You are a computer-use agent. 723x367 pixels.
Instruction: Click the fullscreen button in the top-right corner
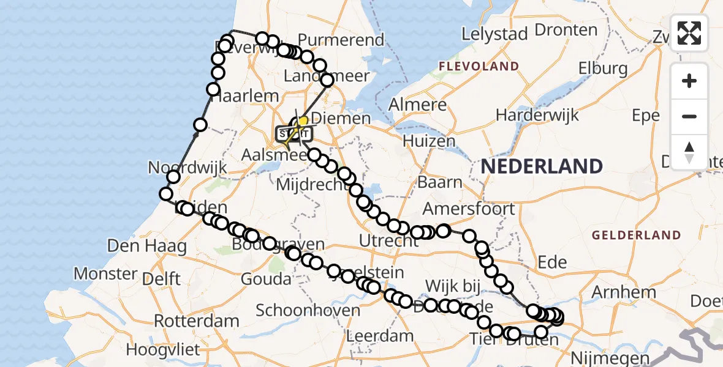pos(689,33)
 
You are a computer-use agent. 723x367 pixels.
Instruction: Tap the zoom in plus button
pos(689,81)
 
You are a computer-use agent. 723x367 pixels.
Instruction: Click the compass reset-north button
pos(689,152)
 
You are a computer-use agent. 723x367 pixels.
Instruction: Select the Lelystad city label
pos(494,34)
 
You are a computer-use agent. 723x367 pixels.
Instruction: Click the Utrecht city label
pos(388,241)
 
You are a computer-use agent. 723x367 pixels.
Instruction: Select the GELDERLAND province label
pos(636,235)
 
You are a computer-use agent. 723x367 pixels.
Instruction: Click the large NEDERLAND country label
pos(542,166)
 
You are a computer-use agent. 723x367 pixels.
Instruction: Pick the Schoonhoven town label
pos(308,310)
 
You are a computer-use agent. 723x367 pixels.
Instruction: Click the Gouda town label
pos(265,280)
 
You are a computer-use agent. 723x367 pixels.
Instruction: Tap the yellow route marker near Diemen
pos(302,122)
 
